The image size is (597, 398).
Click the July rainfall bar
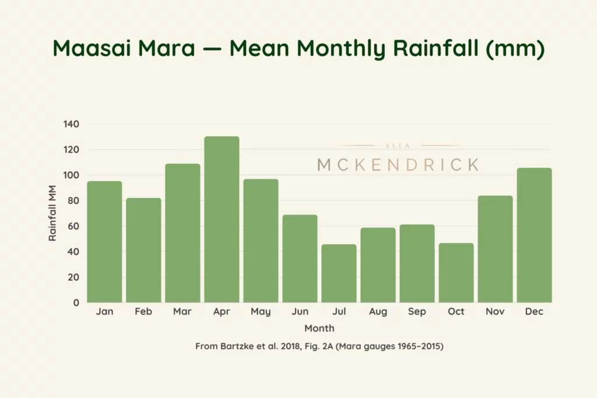point(339,273)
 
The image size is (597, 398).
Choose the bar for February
point(143,250)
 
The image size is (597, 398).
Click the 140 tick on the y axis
point(71,124)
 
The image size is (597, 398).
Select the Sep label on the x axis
point(417,312)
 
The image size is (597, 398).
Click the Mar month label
point(182,312)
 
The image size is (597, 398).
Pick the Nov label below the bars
point(495,312)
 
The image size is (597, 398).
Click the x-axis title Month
point(319,328)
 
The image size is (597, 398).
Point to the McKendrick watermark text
point(398,165)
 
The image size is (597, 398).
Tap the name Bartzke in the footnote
point(239,346)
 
